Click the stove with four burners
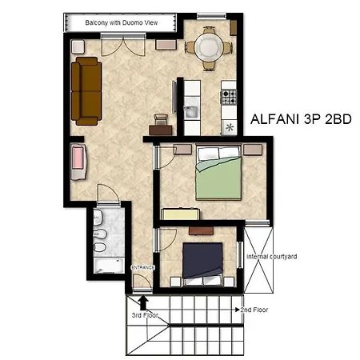[230, 97]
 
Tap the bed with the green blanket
[218, 175]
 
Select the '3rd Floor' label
[145, 315]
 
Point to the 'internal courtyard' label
[272, 257]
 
